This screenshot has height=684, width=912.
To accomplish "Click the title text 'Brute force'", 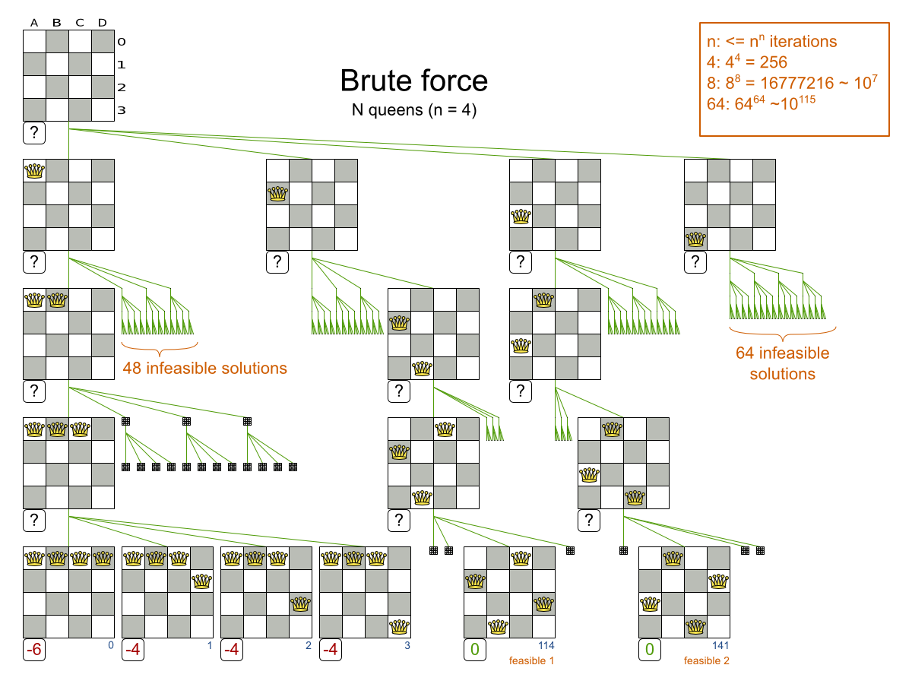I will click(413, 81).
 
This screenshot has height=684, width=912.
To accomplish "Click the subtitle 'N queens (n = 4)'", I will click(413, 109).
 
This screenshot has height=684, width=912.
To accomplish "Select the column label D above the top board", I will click(103, 22).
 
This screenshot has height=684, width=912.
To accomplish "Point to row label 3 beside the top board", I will click(121, 111).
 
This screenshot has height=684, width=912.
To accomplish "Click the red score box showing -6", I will click(33, 651).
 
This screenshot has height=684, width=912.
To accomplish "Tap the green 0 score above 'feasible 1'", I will click(474, 651).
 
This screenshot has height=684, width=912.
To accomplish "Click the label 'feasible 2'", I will click(706, 660).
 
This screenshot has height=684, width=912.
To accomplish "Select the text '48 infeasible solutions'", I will click(204, 369).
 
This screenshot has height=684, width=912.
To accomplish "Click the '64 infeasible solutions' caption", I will click(782, 363).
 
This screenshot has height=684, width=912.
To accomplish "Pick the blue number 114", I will click(546, 646).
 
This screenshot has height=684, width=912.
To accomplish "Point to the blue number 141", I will click(721, 646).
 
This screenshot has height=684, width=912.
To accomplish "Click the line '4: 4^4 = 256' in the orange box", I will click(746, 62).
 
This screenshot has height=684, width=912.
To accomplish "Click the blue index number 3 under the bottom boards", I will click(407, 646).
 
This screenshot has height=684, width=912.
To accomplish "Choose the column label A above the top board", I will click(34, 22).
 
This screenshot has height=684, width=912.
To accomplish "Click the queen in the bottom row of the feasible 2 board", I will click(695, 627).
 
